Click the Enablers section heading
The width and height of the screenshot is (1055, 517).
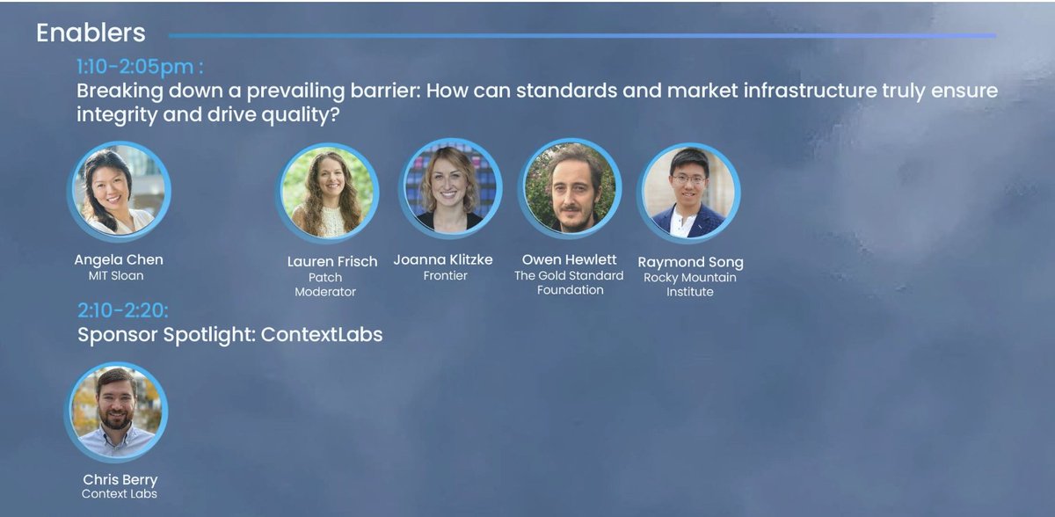pyautogui.click(x=91, y=33)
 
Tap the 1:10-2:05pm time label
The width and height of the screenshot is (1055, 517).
pyautogui.click(x=139, y=67)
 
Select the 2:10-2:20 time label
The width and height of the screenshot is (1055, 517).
pyautogui.click(x=122, y=309)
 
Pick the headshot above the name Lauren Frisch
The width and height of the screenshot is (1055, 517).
pyautogui.click(x=329, y=192)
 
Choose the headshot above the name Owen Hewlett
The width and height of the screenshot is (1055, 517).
pyautogui.click(x=570, y=188)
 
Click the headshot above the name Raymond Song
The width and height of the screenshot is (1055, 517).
pyautogui.click(x=688, y=193)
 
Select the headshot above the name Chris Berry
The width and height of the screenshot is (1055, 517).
pyautogui.click(x=115, y=412)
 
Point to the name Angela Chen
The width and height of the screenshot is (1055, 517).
pyautogui.click(x=119, y=259)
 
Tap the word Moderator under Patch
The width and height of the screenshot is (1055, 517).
pyautogui.click(x=325, y=292)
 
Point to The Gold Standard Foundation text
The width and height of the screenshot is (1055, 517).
pyautogui.click(x=569, y=282)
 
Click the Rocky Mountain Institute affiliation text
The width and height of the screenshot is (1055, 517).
pyautogui.click(x=689, y=284)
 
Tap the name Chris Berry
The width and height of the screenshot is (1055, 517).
pyautogui.click(x=120, y=479)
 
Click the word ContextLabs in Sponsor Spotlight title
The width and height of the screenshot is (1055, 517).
pyautogui.click(x=322, y=335)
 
